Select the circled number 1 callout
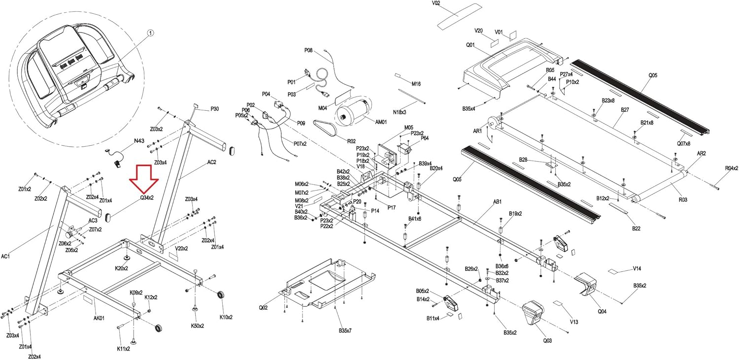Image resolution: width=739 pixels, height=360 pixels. pos(151,33)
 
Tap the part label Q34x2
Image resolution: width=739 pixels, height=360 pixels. pos(146,197)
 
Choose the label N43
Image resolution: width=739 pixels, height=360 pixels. pos(139,141)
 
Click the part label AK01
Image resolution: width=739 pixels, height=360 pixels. pos(99,318)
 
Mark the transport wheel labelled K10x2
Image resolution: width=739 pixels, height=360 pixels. pos(221,295)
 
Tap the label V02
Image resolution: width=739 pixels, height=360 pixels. pos(436,3)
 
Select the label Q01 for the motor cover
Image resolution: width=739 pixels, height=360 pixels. pos(470,45)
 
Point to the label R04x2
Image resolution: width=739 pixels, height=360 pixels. pos(731,168)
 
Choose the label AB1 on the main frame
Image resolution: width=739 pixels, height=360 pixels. pos(498,202)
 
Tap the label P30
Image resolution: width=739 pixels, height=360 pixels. pos(214,109)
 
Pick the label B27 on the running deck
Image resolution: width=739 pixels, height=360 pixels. pos(625,109)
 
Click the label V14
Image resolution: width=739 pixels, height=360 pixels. pos(637,268)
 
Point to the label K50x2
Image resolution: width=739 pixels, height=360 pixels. pos(198,326)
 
